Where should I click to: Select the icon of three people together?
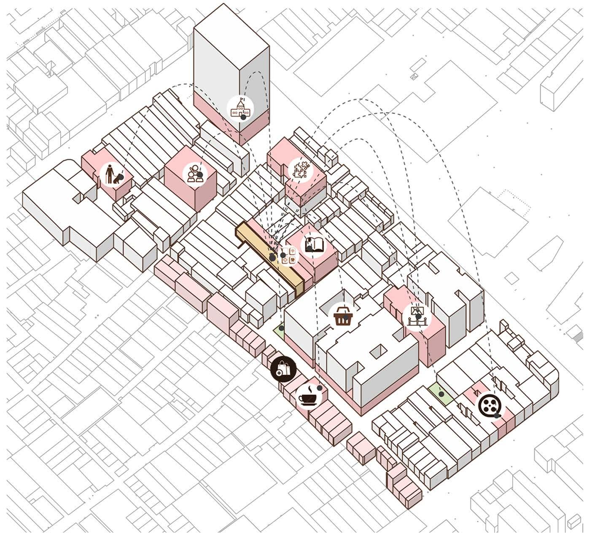(195, 173)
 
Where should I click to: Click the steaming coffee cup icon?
(308, 396)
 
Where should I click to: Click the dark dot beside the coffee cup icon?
(320, 388)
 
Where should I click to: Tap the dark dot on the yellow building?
(272, 257)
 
